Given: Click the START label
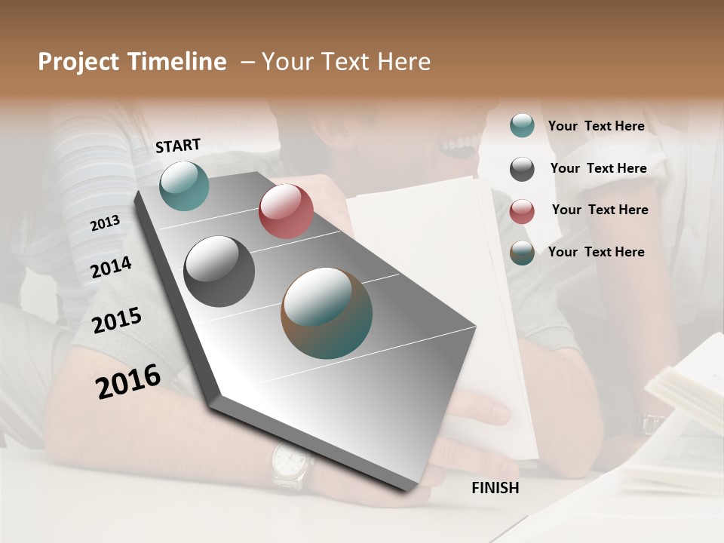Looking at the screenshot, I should tap(178, 146).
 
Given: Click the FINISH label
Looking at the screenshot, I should tap(495, 488).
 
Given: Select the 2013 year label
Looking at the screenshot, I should tap(105, 223).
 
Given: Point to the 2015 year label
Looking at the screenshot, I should tap(116, 321).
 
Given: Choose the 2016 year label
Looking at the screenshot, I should tap(128, 381).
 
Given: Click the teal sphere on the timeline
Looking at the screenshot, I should tap(184, 186).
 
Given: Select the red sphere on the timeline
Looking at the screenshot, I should tap(286, 211).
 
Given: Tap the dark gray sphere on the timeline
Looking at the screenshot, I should tap(219, 271).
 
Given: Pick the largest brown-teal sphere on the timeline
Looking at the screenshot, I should tap(327, 313).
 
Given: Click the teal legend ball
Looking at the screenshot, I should tap(522, 125).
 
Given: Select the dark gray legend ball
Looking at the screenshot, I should tap(522, 168).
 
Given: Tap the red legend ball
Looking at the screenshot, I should tap(522, 210).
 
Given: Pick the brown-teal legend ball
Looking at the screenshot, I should tap(522, 253).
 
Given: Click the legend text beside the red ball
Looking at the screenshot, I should tap(600, 210).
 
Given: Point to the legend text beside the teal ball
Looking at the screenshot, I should tap(596, 126).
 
